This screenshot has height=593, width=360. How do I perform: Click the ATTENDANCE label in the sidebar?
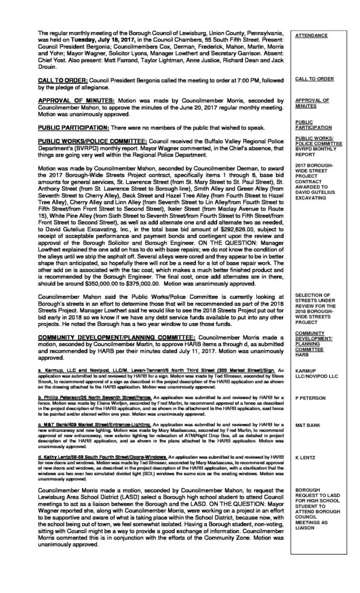coord(311,36)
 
